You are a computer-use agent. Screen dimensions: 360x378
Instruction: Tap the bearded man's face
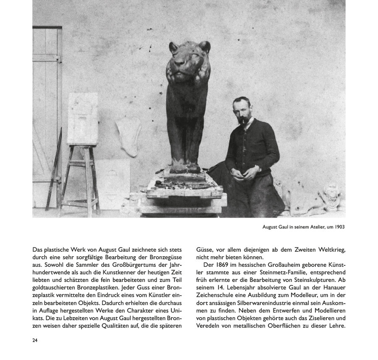tap(242, 112)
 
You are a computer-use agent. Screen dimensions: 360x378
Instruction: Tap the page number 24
tap(35, 340)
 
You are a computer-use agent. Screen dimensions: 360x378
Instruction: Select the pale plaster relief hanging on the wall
tap(129, 135)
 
